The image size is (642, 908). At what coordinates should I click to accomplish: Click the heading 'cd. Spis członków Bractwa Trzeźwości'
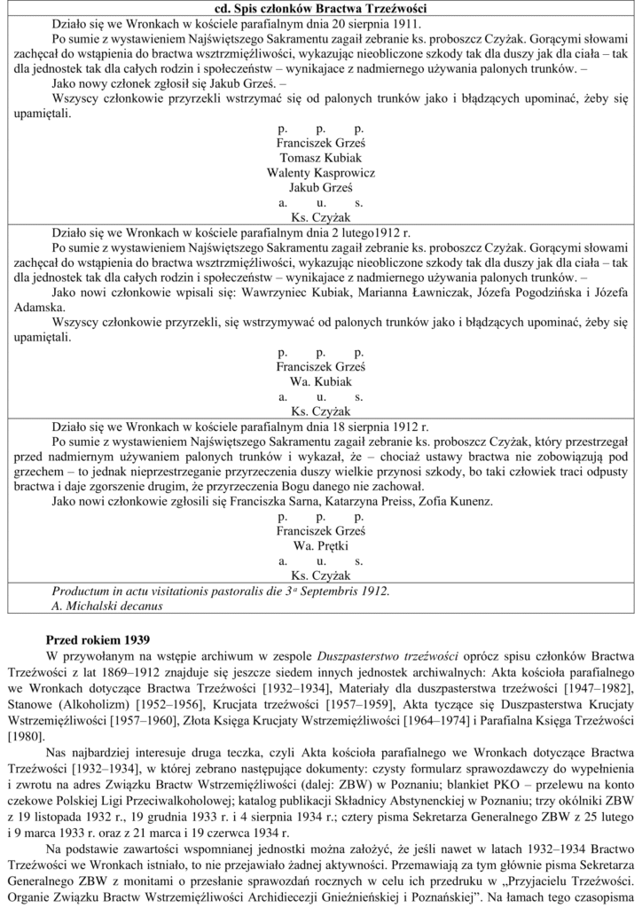click(321, 7)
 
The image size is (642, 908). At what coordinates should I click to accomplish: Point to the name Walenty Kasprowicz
click(321, 173)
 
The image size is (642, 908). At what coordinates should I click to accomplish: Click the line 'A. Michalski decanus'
click(107, 606)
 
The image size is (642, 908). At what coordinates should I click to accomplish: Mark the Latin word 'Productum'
click(83, 591)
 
